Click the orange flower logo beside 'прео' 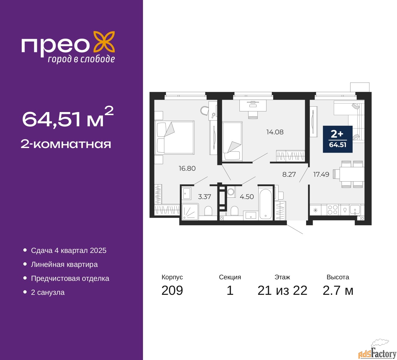(104, 43)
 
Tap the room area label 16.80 (187, 169)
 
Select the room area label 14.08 (275, 132)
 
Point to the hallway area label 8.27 (289, 174)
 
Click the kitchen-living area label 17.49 (321, 174)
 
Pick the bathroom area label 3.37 (204, 197)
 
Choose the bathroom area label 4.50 (247, 197)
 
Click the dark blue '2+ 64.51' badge (338, 139)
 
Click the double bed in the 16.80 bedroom (174, 137)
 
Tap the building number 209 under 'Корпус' (172, 290)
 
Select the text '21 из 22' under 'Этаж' (282, 290)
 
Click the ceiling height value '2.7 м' (338, 290)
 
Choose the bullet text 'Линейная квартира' (64, 264)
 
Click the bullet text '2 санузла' (48, 292)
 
